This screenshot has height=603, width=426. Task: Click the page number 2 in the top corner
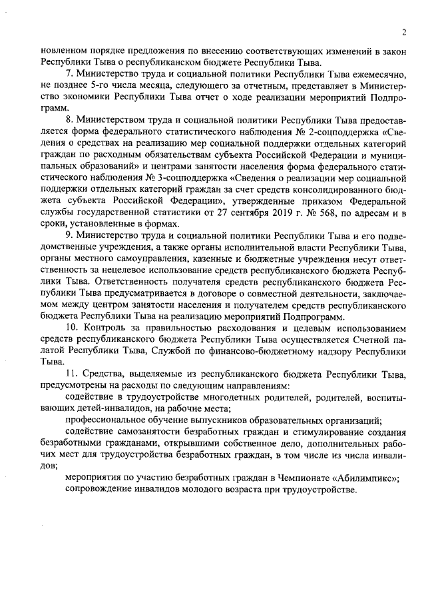coord(403,31)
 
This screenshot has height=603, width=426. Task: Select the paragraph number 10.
coord(71,329)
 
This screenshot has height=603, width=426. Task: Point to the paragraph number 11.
coord(71,374)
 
